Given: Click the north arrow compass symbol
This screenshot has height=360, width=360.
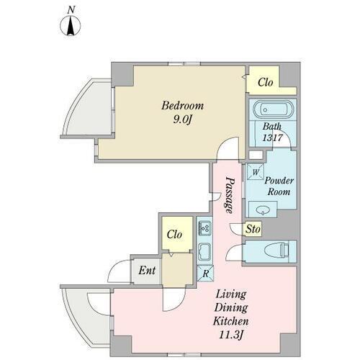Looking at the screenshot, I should coord(70,27).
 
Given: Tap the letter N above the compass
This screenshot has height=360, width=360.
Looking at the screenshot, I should coord(70,9).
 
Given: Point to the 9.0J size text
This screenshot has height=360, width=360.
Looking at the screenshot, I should coord(182,119).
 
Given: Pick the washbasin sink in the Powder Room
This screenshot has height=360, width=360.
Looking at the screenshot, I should coord(262,210).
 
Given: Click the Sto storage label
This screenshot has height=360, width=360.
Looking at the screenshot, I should coord(252,230).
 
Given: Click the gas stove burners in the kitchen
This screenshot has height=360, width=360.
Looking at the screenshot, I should coord(204,228).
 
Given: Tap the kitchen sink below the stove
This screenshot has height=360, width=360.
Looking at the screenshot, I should coord(204,252).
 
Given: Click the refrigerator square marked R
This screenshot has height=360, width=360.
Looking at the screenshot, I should coord(204,273).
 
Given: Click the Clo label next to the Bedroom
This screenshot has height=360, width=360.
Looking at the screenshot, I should coord(265,82).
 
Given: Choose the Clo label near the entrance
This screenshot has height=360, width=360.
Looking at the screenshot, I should coord(175,235).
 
